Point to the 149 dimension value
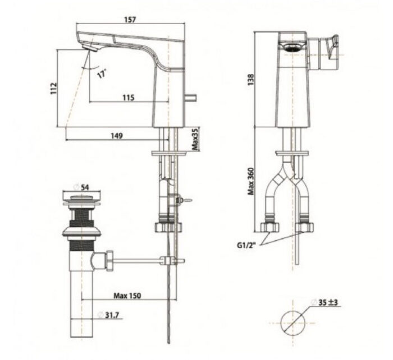pos(117,135)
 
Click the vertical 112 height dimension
pos(53,88)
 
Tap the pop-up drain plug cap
pos(82,197)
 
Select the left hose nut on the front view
pos(271,227)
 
